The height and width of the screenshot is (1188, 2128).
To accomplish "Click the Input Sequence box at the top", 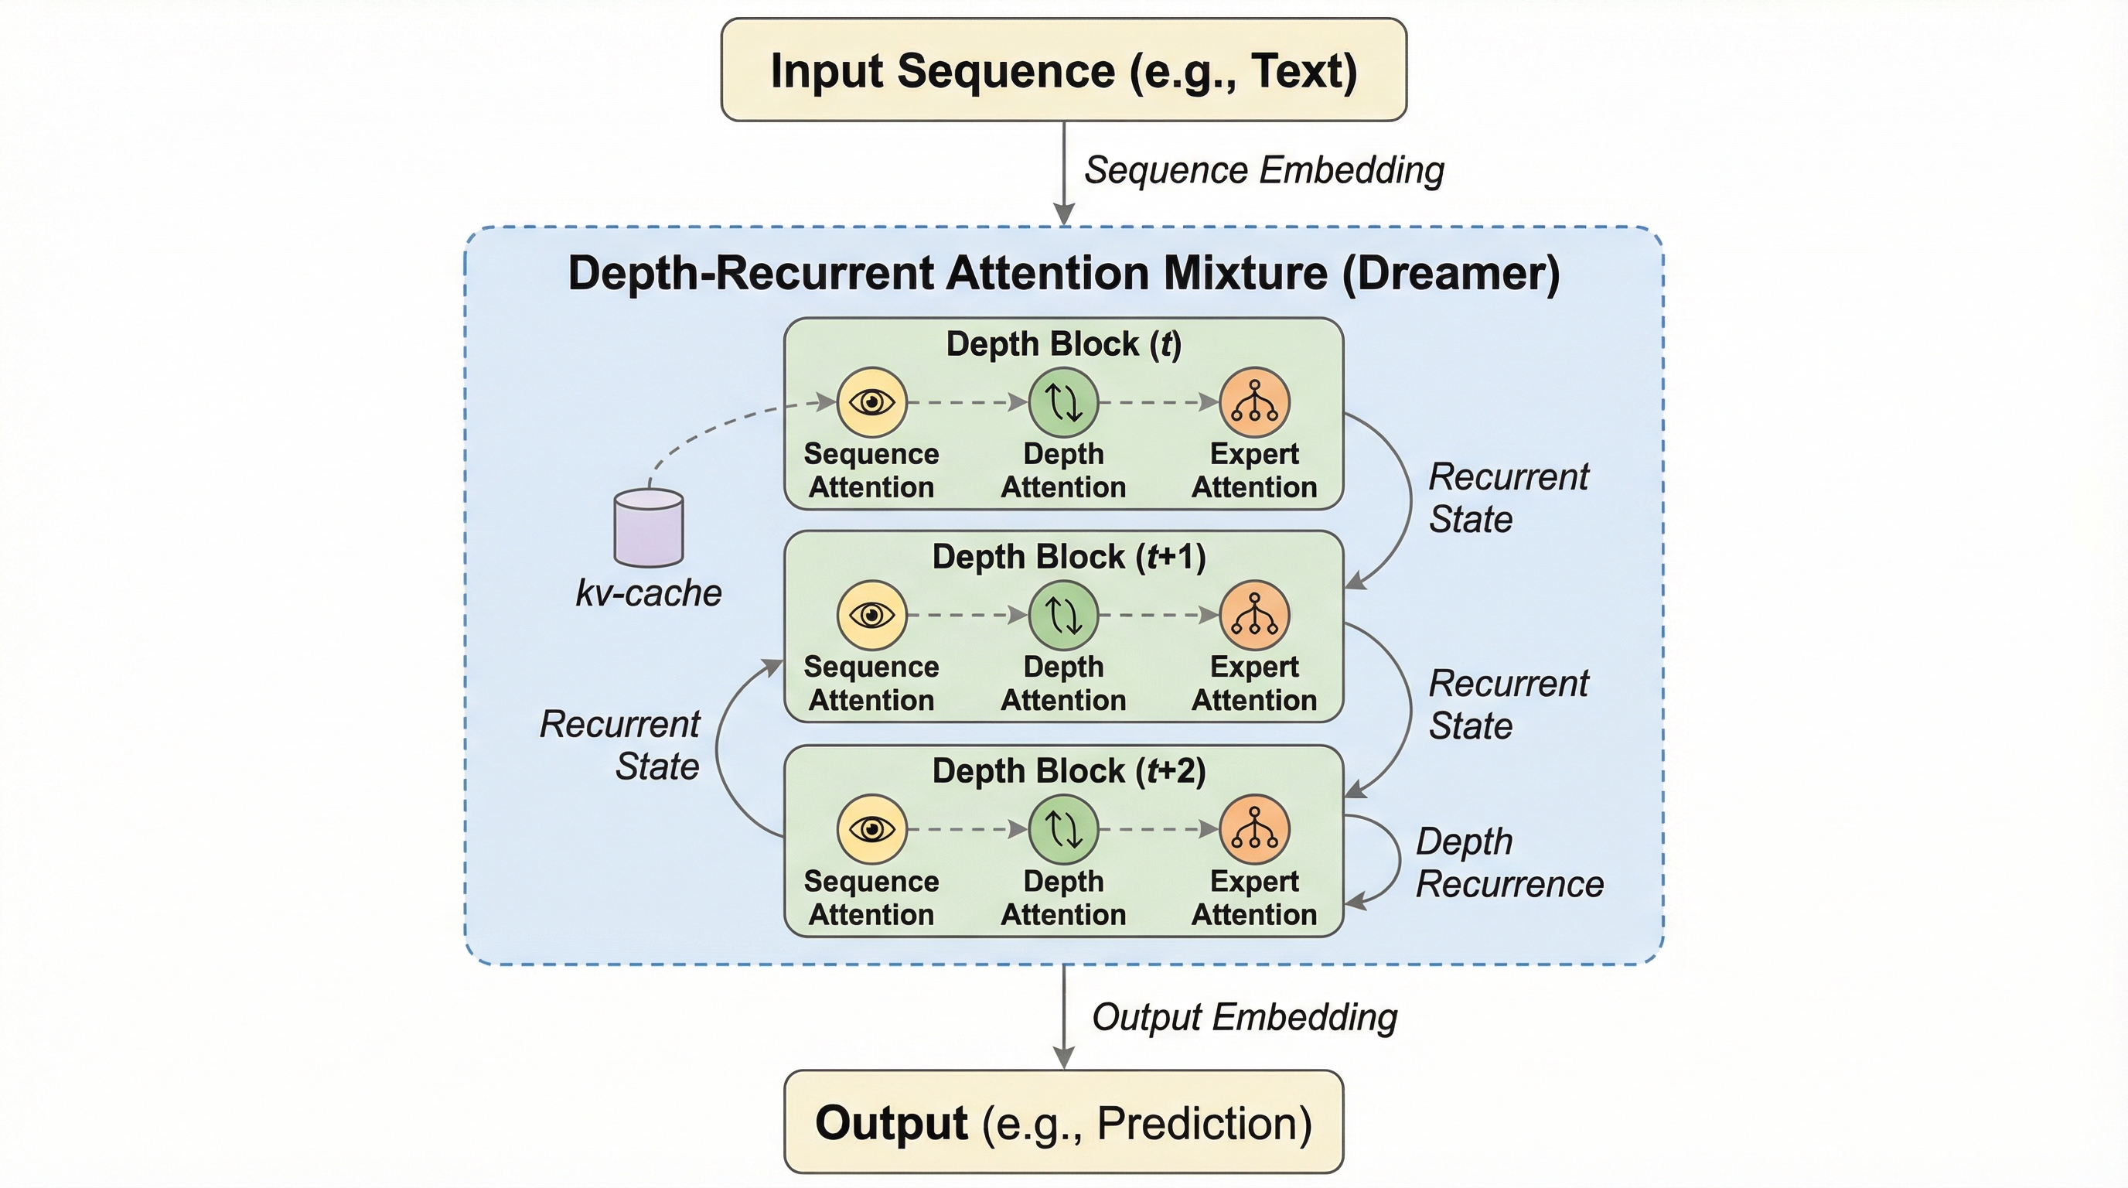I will click(1063, 70).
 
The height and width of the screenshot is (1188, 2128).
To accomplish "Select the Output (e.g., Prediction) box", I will click(1063, 1122).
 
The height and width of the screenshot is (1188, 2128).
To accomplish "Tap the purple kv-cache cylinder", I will click(649, 528).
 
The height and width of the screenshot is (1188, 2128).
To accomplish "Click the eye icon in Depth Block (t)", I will click(871, 402).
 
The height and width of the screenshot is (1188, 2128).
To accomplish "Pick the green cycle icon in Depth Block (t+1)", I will click(1063, 616).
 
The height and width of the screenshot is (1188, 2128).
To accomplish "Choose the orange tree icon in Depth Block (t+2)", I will click(1254, 828).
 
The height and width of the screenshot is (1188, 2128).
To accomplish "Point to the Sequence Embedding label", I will click(1264, 170).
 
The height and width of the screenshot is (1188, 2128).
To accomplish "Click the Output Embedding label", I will click(1244, 1017).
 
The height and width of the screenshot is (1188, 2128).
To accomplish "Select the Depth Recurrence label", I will click(1509, 862).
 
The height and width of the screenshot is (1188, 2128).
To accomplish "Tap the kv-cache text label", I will click(649, 593).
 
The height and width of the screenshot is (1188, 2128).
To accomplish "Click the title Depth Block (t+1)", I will click(1068, 557).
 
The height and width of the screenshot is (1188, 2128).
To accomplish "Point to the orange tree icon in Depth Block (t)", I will click(1254, 402).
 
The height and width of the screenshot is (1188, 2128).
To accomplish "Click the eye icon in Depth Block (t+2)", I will click(871, 828).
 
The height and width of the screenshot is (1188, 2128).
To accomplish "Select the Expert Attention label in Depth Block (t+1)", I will click(1254, 683).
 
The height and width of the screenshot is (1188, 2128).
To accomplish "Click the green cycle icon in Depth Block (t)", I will click(1063, 402).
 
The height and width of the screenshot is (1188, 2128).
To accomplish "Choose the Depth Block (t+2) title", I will click(1068, 771).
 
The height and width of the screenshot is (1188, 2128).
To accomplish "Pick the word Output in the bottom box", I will click(891, 1123).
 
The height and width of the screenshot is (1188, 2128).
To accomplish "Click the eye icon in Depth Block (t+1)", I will click(871, 616).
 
